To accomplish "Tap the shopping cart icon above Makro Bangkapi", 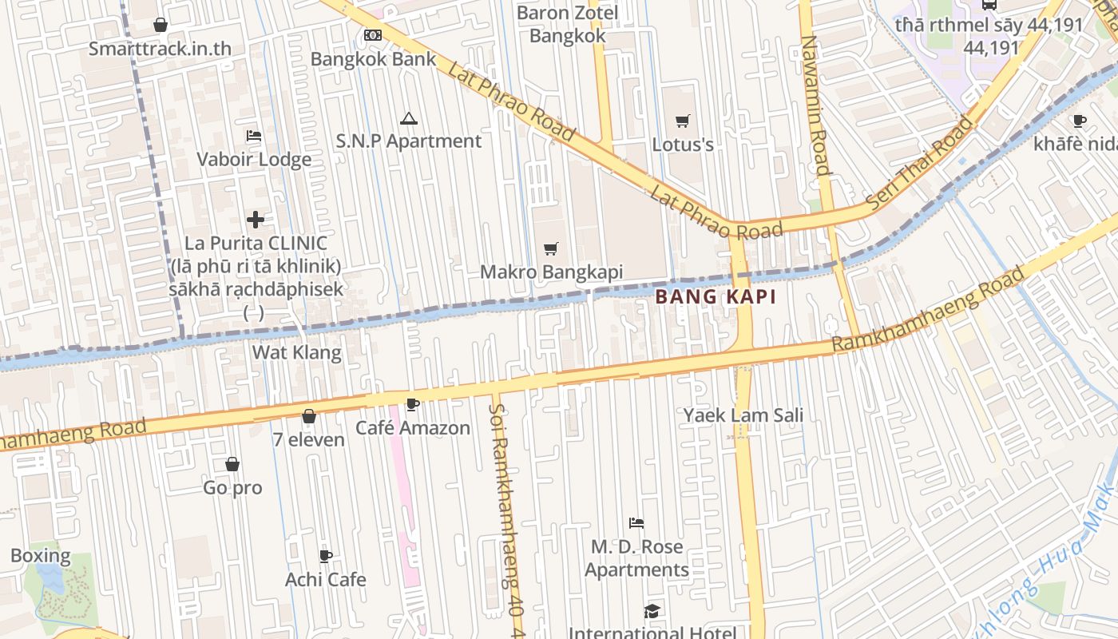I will (x=550, y=248).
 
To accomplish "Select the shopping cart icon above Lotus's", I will (x=682, y=121).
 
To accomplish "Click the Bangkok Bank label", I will (x=373, y=59).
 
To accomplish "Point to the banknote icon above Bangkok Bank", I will (x=372, y=34).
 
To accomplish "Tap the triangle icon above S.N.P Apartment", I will (x=409, y=119).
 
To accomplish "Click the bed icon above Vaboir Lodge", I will (x=254, y=136).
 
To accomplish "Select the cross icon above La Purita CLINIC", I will (x=256, y=219).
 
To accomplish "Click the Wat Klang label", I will (x=296, y=352).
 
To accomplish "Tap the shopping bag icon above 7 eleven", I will (x=308, y=416).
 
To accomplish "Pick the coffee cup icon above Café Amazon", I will (x=412, y=405).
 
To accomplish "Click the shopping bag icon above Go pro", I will (x=232, y=464).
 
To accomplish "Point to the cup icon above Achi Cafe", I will (x=325, y=556).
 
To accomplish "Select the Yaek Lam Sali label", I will (x=743, y=415).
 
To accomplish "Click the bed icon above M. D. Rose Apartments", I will (x=636, y=523).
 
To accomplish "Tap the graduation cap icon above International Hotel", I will (x=652, y=611).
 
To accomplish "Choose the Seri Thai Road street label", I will (x=921, y=164).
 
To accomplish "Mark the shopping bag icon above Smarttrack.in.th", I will (x=161, y=25).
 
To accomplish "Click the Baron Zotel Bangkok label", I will (x=567, y=25).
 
